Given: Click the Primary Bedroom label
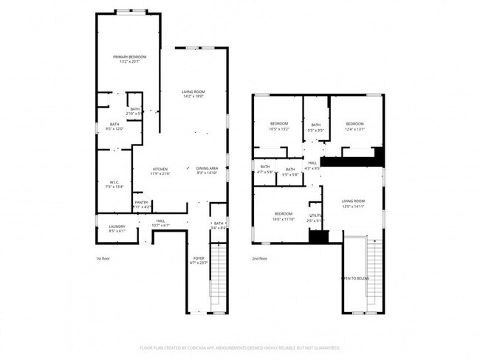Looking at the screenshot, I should tap(129, 59).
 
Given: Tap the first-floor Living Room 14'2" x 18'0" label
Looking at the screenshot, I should tap(193, 94).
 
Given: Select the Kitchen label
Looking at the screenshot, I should tap(160, 171).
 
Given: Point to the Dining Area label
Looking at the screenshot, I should tap(207, 171).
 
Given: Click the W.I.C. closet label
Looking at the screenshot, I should tap(114, 184).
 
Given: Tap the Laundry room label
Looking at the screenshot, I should tap(117, 229).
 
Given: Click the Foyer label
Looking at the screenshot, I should tap(199, 260).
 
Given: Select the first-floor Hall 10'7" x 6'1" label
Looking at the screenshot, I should tap(160, 223).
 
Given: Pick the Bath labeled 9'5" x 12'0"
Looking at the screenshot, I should tap(114, 126).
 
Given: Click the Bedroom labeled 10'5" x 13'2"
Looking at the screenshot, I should tap(278, 125).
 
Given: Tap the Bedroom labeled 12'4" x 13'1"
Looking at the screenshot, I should tap(354, 125).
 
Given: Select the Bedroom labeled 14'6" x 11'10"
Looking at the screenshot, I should tap(284, 217).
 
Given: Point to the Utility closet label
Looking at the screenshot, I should tap(315, 217).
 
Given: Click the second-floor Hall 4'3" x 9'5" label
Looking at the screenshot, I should tap(312, 165).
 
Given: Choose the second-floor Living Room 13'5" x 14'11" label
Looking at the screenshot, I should tap(353, 204).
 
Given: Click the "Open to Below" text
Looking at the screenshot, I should tap(354, 278).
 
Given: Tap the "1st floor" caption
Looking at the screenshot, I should tap(103, 258).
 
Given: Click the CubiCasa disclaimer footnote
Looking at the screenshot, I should tap(239, 347).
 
